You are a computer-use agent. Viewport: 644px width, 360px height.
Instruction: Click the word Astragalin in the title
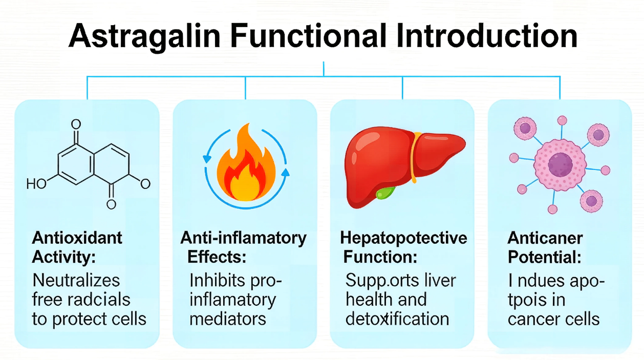tap(144, 37)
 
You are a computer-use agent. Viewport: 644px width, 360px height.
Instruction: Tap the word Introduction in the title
tap(487, 35)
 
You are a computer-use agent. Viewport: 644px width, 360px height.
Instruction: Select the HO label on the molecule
tap(36, 184)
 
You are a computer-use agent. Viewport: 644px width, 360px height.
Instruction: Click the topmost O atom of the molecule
tap(76, 124)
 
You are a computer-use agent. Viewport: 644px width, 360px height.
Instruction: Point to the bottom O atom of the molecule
tap(111, 204)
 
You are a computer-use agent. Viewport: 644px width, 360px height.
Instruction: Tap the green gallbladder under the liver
tap(385, 193)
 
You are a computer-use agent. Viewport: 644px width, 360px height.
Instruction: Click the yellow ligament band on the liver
tap(414, 157)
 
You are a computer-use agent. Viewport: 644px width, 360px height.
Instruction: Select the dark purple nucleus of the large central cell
tap(560, 165)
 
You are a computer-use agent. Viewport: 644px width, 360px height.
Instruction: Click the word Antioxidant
tap(77, 238)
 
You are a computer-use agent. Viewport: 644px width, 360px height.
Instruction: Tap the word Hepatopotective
tap(403, 239)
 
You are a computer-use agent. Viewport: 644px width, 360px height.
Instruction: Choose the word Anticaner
tap(545, 238)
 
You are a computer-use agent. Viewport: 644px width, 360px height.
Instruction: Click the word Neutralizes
tap(76, 280)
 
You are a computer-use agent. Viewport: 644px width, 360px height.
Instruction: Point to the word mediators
tap(228, 319)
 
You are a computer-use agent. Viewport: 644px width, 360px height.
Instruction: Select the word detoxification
tap(397, 319)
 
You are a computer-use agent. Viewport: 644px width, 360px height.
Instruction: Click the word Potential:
tap(545, 257)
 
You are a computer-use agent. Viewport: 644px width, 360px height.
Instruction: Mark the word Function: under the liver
tap(380, 257)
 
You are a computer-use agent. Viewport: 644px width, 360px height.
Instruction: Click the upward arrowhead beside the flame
tap(285, 172)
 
